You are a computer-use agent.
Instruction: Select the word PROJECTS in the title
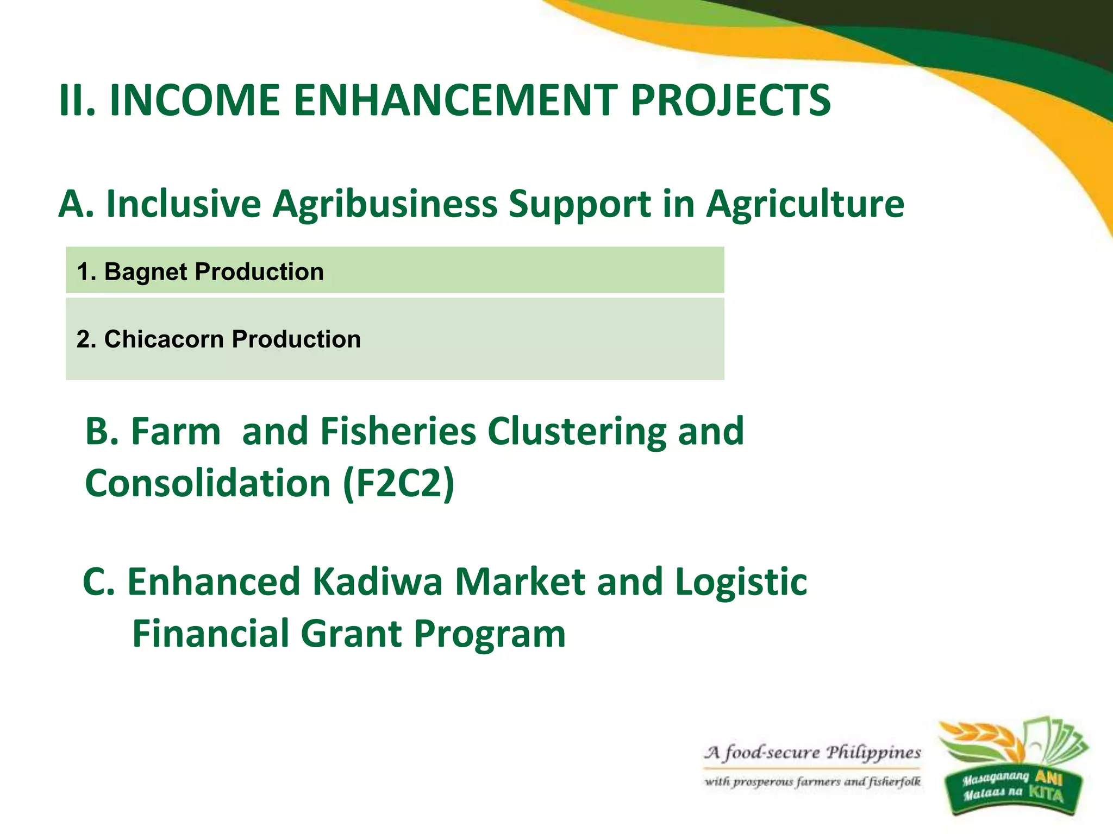[730, 100]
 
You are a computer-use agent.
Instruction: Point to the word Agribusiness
[385, 205]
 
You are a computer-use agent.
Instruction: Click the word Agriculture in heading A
[805, 205]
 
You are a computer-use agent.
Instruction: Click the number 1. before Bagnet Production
[86, 271]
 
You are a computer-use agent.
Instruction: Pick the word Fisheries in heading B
[398, 432]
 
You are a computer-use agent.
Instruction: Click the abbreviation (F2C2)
[398, 483]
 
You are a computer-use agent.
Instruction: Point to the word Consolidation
[208, 483]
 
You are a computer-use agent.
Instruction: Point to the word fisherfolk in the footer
[895, 782]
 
